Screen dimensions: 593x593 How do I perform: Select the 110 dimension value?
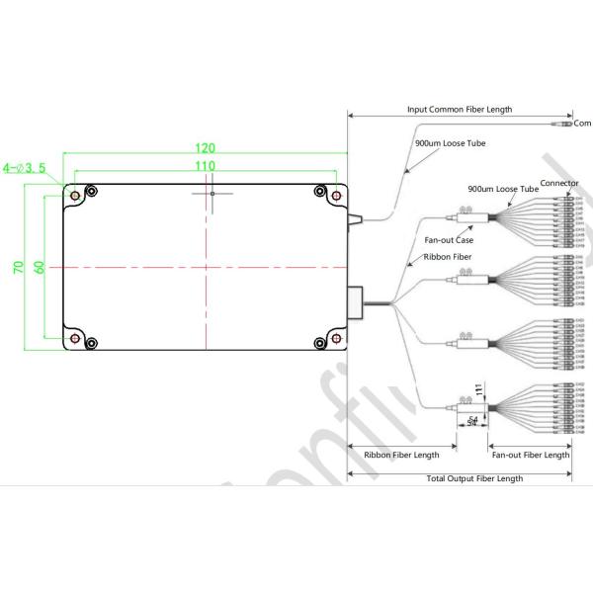tap(205, 166)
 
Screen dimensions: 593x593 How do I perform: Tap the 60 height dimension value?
tap(39, 268)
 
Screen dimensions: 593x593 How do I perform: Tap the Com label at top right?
tap(582, 124)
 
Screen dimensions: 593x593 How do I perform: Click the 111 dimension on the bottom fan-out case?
tap(479, 391)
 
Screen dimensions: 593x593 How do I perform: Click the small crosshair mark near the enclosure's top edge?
tap(212, 194)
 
